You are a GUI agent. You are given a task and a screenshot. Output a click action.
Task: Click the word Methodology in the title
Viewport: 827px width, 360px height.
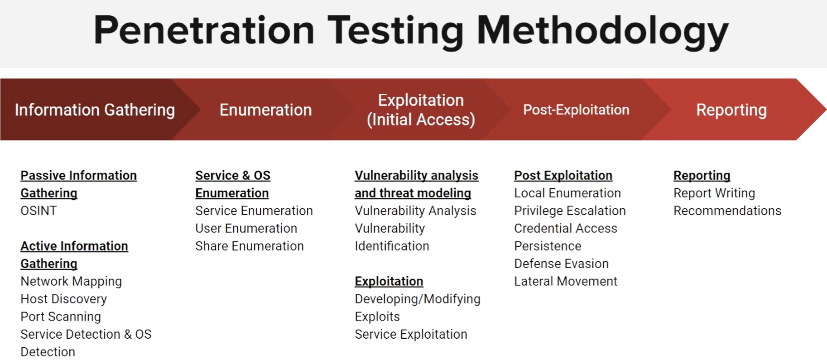click(x=602, y=30)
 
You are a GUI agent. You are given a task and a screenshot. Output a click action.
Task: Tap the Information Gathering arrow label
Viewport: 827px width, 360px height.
click(x=95, y=110)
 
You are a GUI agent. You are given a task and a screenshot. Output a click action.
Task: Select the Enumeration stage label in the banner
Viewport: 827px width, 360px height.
click(x=265, y=110)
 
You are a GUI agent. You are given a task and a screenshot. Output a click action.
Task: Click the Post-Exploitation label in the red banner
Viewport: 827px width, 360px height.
click(x=576, y=110)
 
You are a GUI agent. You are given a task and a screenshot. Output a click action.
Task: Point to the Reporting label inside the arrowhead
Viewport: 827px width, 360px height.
click(x=731, y=110)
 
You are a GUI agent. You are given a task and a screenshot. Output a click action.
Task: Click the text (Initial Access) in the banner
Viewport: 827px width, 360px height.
click(x=421, y=120)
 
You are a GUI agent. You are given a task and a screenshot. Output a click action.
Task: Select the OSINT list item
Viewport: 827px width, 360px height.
click(x=38, y=211)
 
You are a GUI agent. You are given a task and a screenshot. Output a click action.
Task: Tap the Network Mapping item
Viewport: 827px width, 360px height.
click(x=71, y=282)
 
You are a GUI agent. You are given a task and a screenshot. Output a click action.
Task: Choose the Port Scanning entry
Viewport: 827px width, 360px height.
click(x=61, y=317)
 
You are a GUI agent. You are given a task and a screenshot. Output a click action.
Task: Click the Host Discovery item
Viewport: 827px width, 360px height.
click(x=63, y=299)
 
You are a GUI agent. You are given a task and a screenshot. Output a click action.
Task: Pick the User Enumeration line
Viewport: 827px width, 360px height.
click(x=246, y=229)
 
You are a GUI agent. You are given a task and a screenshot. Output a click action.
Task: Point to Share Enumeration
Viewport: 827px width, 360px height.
click(x=249, y=246)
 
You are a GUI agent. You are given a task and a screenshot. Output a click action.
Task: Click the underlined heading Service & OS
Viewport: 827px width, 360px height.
click(x=233, y=176)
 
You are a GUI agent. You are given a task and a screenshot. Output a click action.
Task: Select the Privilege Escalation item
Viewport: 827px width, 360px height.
click(x=570, y=211)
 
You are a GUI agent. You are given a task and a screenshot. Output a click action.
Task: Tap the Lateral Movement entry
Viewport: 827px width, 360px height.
click(x=565, y=282)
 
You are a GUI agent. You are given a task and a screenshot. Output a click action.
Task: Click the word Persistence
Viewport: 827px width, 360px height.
click(x=548, y=246)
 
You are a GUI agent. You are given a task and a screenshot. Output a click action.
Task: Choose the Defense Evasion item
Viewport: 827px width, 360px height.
click(x=561, y=264)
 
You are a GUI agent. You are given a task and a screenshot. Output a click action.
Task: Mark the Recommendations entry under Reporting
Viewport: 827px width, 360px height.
click(x=727, y=211)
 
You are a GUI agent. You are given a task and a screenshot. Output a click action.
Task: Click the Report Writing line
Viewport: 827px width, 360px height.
click(x=714, y=193)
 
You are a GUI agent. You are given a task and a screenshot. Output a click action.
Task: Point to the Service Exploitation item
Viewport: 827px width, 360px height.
click(x=411, y=335)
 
